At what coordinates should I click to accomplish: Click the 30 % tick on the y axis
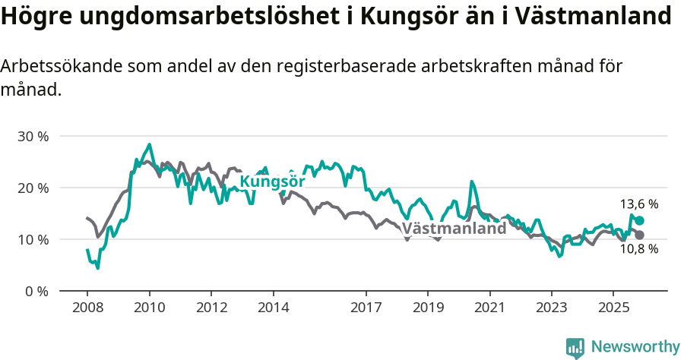click(x=33, y=137)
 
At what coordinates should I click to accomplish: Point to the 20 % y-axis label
click(x=33, y=188)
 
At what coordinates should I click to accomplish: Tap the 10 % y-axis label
click(x=33, y=240)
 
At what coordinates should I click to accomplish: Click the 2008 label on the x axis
click(x=87, y=310)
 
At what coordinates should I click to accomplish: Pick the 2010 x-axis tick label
click(x=149, y=310)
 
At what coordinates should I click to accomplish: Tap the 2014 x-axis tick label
click(x=273, y=310)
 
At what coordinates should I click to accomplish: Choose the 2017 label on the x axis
click(x=366, y=310)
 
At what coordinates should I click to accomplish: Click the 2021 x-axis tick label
click(x=489, y=310)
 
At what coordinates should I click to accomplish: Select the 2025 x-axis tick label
click(x=613, y=310)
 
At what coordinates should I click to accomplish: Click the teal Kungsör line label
click(x=272, y=182)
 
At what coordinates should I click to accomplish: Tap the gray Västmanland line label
click(x=454, y=229)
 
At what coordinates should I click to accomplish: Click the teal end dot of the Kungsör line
click(x=639, y=220)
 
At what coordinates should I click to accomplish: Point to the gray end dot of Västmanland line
click(x=639, y=235)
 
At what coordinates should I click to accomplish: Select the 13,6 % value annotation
click(x=638, y=204)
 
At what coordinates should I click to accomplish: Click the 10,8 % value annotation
click(x=638, y=249)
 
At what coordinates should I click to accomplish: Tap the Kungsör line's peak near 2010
click(x=149, y=144)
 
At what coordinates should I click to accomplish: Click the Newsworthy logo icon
click(x=575, y=348)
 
